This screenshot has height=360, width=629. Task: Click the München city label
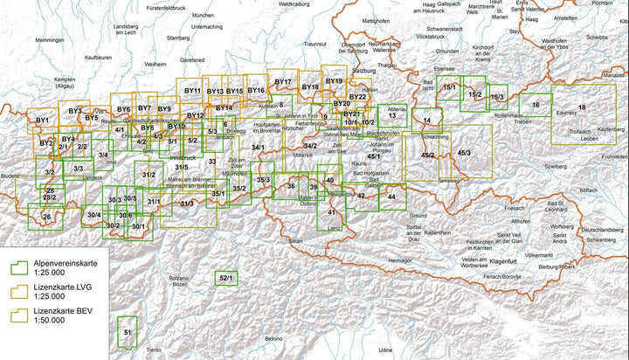coord(203,16)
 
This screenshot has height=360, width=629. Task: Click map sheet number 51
coord(128,332)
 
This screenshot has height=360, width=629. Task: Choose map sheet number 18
coord(581,107)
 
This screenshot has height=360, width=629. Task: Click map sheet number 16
coord(536,105)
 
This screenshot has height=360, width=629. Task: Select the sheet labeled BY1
coord(42,119)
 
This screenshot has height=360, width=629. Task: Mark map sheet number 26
coord(46,217)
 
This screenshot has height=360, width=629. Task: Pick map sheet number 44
coord(391,197)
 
